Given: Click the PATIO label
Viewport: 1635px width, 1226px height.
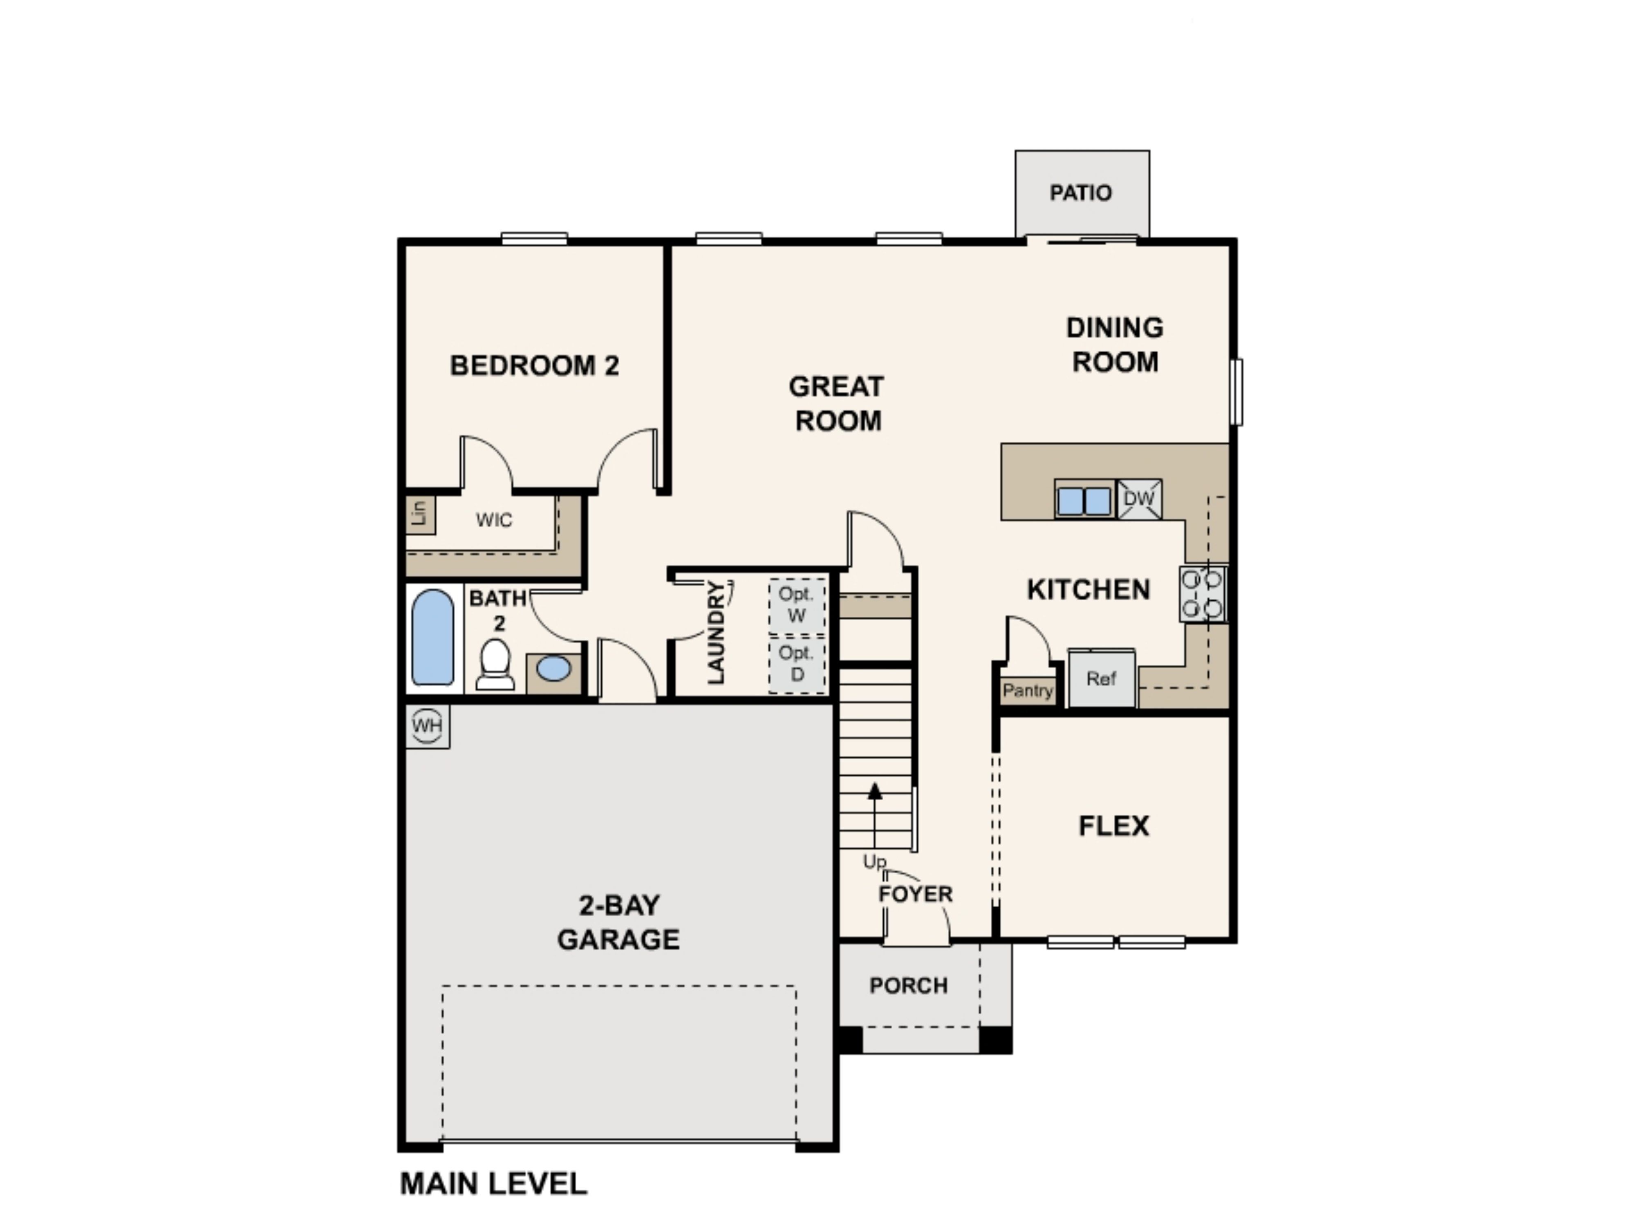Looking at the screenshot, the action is pos(1081,193).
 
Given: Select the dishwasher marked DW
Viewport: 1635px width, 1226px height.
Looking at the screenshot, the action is pos(1139,499).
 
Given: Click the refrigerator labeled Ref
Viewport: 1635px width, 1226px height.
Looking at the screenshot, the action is pos(1101,678).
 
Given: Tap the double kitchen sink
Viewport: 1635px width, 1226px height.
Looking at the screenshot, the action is pos(1084,500).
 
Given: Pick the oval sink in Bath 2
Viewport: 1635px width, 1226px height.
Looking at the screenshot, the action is pos(553,669).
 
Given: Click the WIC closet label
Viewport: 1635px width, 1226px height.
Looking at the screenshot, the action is pos(494,520).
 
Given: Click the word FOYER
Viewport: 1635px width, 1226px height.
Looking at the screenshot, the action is pos(915,894).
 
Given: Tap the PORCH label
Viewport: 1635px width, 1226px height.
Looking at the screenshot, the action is pos(908,986).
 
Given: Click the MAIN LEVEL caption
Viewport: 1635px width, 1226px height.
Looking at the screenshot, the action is pos(493,1184).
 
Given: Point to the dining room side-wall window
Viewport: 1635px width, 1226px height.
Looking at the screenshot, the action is pos(1236,392).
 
